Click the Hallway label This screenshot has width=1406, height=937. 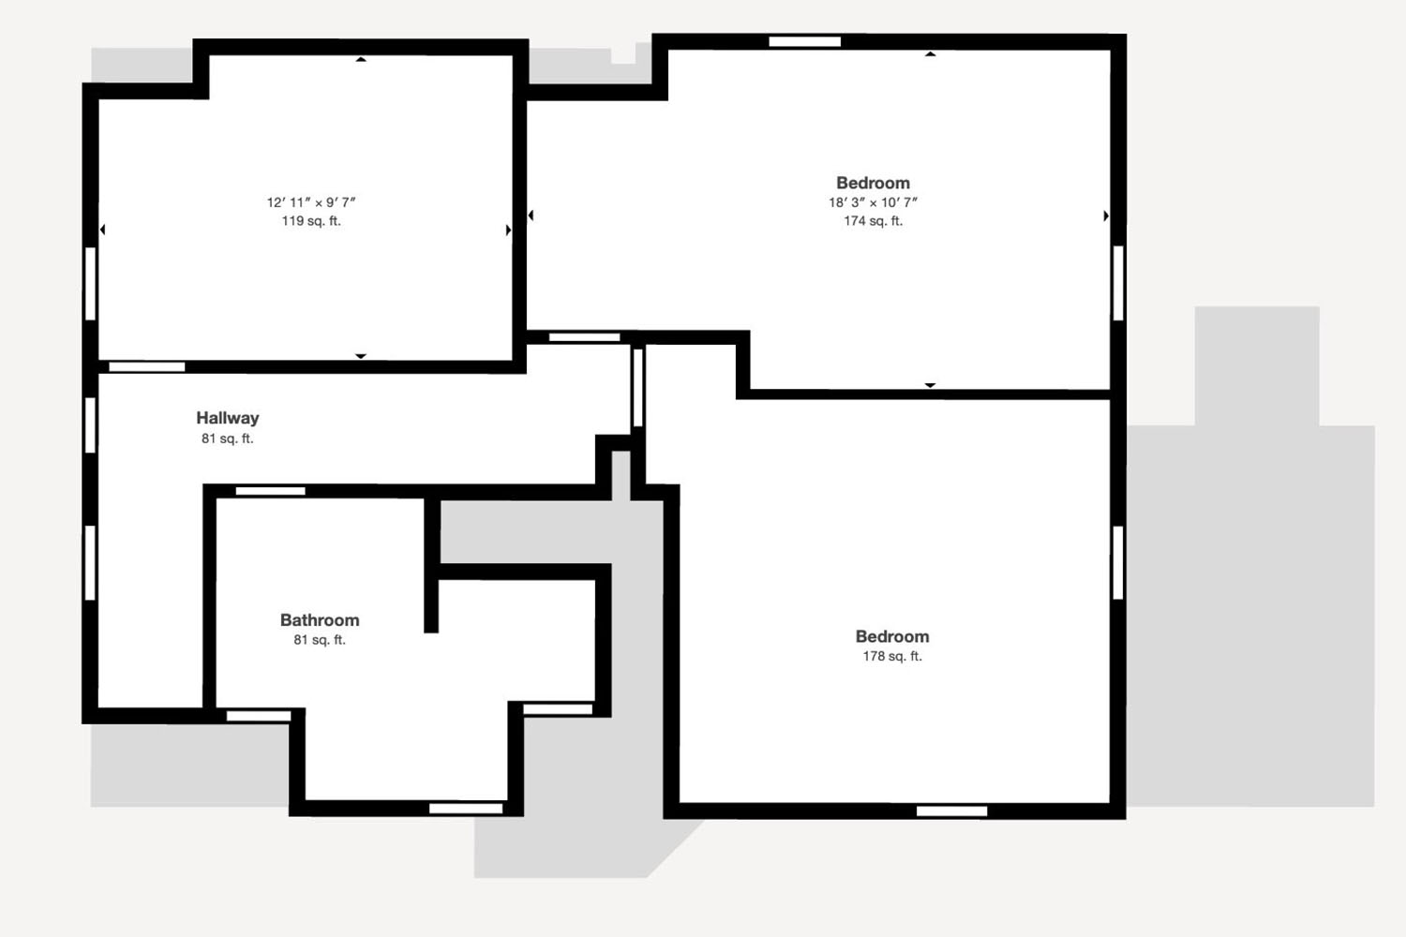click(x=227, y=418)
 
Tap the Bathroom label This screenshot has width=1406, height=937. click(x=320, y=620)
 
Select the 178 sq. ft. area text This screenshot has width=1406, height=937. click(x=892, y=657)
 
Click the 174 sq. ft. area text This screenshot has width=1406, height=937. click(x=873, y=221)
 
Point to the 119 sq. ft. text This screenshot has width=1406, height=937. click(x=310, y=221)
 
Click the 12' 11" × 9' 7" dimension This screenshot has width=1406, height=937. click(x=310, y=202)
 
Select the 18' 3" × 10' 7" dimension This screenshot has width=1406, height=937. click(x=873, y=202)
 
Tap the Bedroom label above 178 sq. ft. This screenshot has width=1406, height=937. click(x=892, y=636)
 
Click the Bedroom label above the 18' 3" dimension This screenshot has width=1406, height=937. click(x=873, y=183)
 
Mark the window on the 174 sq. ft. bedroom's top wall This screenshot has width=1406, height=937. click(x=804, y=41)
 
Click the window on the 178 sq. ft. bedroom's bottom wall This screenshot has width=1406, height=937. click(x=951, y=811)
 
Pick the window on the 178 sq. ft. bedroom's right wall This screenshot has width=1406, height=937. click(x=1118, y=563)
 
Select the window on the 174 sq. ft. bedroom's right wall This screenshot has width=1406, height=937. click(x=1118, y=283)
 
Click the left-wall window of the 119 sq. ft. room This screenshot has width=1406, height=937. click(x=90, y=284)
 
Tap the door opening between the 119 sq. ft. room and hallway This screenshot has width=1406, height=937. click(x=147, y=366)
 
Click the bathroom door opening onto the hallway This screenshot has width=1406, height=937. click(x=271, y=491)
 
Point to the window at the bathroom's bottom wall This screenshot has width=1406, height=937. click(x=466, y=809)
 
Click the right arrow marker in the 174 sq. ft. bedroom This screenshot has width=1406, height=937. click(x=1106, y=216)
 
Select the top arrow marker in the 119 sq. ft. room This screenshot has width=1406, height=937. click(x=360, y=60)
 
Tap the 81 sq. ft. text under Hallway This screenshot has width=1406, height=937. click(x=227, y=439)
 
